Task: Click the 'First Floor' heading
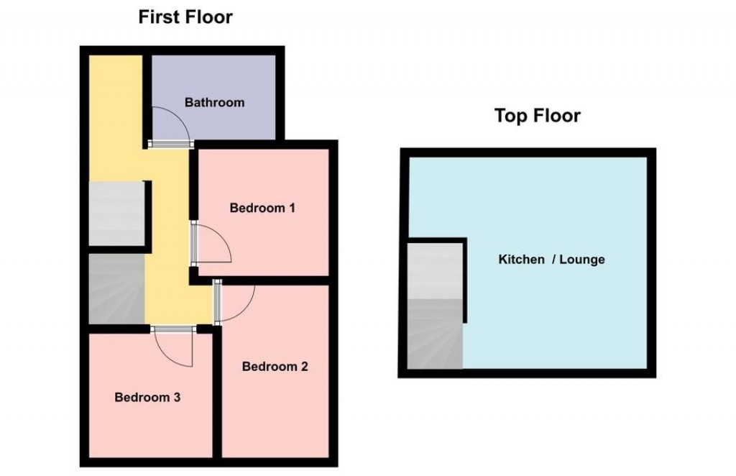click(185, 17)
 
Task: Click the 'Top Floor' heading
click(537, 116)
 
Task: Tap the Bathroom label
click(214, 103)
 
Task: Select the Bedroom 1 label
click(262, 209)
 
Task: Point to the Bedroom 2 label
click(275, 367)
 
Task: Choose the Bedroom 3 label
click(147, 397)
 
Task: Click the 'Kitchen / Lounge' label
click(551, 260)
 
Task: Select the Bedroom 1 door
click(213, 244)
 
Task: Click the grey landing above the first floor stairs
click(116, 214)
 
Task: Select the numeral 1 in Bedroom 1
click(292, 209)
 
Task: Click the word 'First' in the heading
click(158, 17)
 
